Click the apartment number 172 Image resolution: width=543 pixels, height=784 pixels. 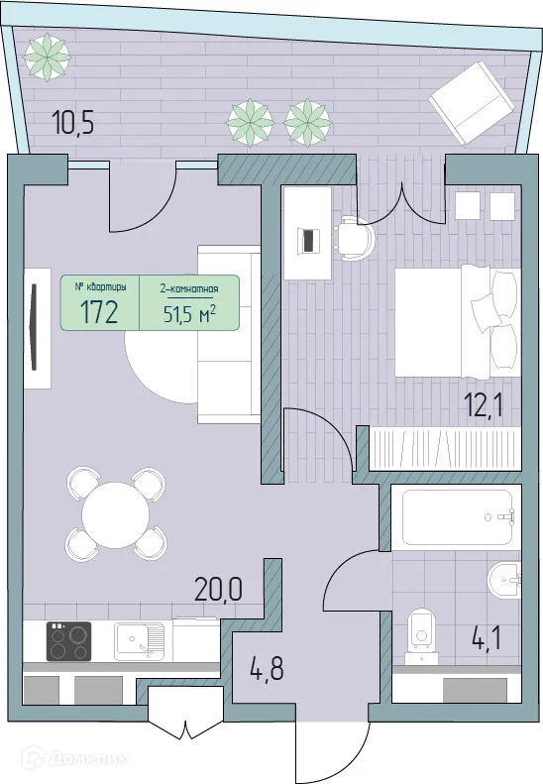pos(98,313)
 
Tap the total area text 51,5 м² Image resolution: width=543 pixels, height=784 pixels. pos(188,314)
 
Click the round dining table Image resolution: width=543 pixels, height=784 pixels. pos(115,514)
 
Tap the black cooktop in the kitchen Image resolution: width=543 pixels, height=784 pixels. pos(68,641)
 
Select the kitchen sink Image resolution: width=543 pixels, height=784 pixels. pos(142,640)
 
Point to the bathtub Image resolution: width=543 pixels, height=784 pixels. pos(457,515)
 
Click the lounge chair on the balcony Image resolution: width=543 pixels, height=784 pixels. pos(470,101)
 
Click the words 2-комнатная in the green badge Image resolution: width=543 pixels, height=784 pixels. pos(188,289)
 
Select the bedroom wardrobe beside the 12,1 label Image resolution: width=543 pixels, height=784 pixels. pos(445,446)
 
